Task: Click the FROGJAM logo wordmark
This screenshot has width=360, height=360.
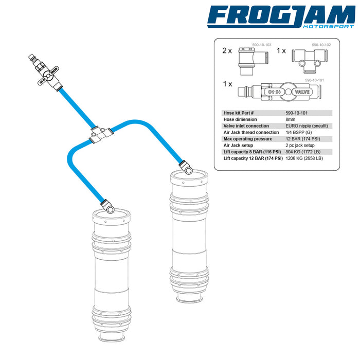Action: tap(281, 15)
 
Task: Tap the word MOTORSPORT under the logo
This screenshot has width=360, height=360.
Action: tap(329, 26)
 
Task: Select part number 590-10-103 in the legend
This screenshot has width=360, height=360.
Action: tap(261, 45)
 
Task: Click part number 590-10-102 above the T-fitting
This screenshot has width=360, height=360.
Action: tap(321, 45)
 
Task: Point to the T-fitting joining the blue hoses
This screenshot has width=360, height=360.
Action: tap(101, 134)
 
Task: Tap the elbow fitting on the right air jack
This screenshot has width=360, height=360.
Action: tap(186, 167)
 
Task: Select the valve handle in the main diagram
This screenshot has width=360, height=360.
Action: tap(48, 76)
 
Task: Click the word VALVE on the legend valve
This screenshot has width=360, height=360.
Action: tap(302, 92)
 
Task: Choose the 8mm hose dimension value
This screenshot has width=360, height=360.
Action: tap(291, 119)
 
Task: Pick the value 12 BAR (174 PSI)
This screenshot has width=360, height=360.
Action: tap(303, 139)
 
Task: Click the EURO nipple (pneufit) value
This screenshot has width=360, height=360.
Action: tap(307, 126)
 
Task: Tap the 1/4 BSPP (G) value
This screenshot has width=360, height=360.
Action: tap(299, 133)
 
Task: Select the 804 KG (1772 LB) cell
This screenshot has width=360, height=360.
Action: tap(303, 152)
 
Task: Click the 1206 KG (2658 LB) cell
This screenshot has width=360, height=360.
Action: tap(304, 158)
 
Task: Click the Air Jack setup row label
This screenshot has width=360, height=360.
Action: tap(238, 146)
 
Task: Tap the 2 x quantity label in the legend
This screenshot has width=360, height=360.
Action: tap(227, 51)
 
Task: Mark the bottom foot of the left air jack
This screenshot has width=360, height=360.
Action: tap(112, 338)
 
